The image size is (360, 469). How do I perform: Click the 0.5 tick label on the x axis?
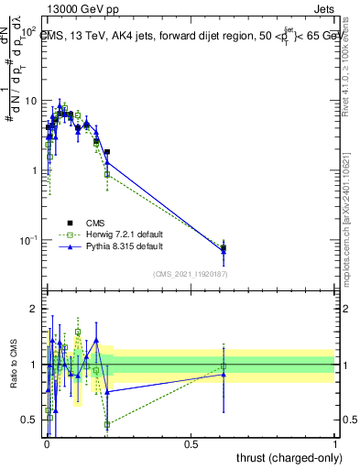click(191, 444)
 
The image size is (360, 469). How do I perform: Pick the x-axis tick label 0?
click(46, 444)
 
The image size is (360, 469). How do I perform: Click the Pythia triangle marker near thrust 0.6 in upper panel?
click(224, 250)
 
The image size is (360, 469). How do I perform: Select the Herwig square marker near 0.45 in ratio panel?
click(107, 424)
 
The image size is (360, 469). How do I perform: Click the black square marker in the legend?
click(69, 222)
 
